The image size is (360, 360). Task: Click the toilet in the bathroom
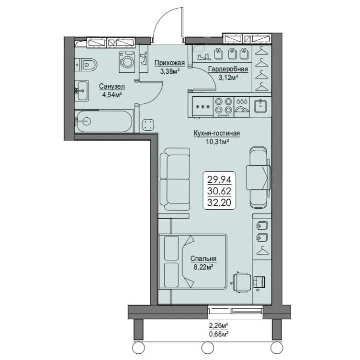point(86,65)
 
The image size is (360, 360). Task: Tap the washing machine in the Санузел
point(127,62)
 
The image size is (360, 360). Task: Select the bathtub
point(104,122)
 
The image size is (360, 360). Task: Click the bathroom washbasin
point(81,90)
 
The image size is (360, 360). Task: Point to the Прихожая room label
point(169,63)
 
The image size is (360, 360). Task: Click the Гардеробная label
point(228,69)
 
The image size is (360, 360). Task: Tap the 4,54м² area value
point(112,95)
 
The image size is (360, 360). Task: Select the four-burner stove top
point(224,107)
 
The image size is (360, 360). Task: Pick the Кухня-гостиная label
point(217,133)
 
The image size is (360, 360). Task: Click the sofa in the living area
point(175,179)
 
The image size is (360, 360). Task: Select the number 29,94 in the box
point(219,180)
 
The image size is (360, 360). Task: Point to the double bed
point(192,261)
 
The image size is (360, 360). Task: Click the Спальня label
point(203,259)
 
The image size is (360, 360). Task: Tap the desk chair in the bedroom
point(241,281)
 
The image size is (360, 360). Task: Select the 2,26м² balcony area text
point(218,326)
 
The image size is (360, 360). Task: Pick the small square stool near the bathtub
point(148,125)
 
